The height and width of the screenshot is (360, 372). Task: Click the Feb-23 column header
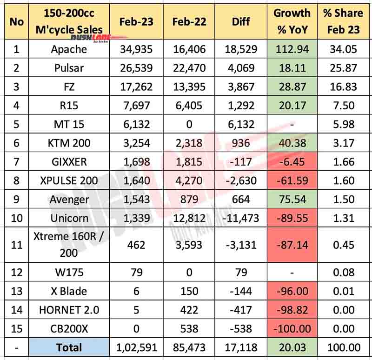[136, 21]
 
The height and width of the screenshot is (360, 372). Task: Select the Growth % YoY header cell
[292, 21]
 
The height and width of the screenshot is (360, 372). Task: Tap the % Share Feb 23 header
[342, 21]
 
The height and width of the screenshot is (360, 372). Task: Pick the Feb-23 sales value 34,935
[136, 49]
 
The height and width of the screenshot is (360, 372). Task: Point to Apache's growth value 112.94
[292, 49]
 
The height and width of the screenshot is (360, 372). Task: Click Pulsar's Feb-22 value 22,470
[189, 68]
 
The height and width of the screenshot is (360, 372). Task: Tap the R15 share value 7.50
[342, 106]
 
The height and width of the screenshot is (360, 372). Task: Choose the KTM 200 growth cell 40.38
[292, 143]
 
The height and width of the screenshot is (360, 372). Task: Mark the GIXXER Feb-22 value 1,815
[189, 162]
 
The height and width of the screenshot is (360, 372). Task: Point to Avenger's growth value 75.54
[292, 199]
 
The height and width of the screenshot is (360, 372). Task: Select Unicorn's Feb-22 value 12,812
[189, 218]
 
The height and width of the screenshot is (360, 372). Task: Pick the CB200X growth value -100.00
[292, 328]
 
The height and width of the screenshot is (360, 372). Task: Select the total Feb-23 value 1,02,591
[136, 347]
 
